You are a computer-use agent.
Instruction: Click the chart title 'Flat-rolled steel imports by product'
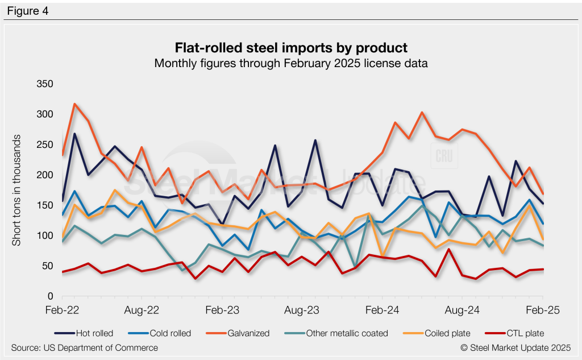pyautogui.click(x=290, y=47)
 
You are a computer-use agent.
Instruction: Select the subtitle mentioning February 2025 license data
pyautogui.click(x=290, y=63)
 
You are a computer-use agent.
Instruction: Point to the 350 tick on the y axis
pyautogui.click(x=44, y=84)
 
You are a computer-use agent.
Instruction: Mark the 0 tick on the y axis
pyautogui.click(x=50, y=297)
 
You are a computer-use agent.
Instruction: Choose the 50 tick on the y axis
pyautogui.click(x=47, y=266)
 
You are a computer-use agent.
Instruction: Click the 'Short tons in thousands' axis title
pyautogui.click(x=17, y=191)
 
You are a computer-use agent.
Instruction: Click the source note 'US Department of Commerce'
pyautogui.click(x=84, y=347)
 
